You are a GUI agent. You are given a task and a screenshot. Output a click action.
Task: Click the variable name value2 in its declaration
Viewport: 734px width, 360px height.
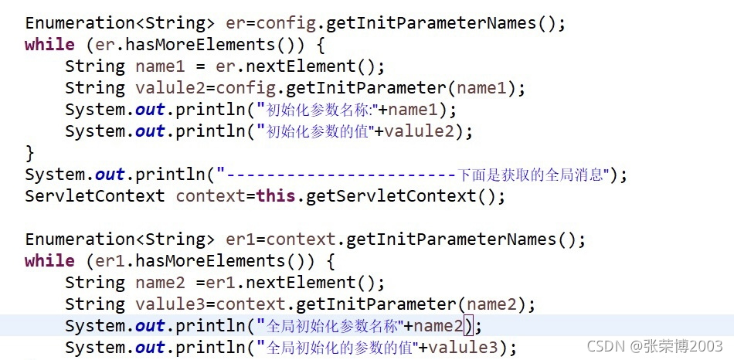(168, 88)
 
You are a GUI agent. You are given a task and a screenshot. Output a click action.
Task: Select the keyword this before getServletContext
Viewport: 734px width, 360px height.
(276, 196)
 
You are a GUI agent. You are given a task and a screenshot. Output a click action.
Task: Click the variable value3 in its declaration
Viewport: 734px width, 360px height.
(168, 304)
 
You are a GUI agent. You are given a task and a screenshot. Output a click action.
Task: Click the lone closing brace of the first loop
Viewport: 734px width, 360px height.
(30, 153)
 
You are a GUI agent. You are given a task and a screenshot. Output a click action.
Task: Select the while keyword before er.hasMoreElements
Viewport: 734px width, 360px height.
(49, 45)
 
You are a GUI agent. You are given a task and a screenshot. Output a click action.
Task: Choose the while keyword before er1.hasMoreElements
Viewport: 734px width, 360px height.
(49, 261)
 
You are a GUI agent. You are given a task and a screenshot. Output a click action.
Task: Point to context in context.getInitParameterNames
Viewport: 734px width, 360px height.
(301, 239)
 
